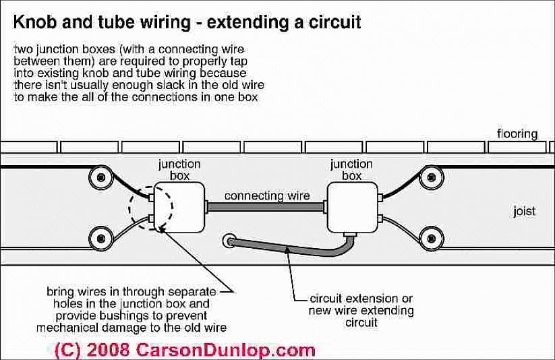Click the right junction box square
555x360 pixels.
(x=353, y=207)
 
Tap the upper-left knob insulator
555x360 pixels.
(x=102, y=177)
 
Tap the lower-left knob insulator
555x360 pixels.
(x=102, y=238)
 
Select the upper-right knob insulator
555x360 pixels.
(x=431, y=177)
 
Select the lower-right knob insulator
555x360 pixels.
(x=431, y=238)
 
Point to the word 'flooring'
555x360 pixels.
(x=517, y=133)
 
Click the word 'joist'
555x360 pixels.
(x=523, y=211)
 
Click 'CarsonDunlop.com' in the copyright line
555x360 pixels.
(x=226, y=350)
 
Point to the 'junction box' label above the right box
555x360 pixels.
(x=350, y=169)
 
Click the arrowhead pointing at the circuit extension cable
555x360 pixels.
(x=289, y=251)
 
